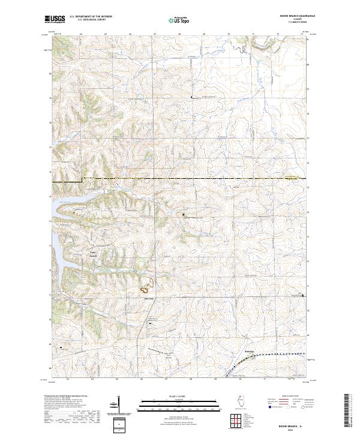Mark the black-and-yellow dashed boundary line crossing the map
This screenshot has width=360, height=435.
coord(180,178)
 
